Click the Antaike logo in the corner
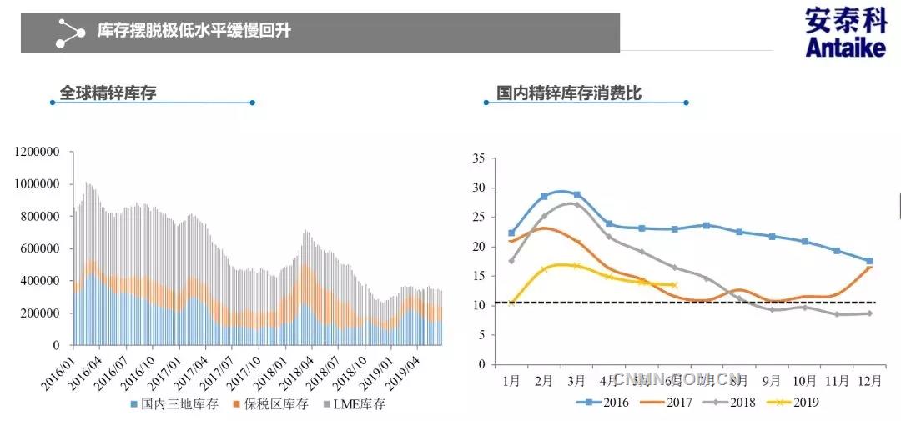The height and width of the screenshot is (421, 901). point(844,33)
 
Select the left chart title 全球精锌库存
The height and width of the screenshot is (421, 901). point(108,93)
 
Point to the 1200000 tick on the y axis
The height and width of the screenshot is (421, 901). point(36,152)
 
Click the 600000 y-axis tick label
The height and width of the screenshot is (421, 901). point(39,248)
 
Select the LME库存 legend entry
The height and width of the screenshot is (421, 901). point(355,405)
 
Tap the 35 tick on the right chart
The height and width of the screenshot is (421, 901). point(478,158)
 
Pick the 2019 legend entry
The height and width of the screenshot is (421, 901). point(800,402)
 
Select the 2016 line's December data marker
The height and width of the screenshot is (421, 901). point(869,261)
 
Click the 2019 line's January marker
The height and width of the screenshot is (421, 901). point(511,303)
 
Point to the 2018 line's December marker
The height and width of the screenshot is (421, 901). point(869,313)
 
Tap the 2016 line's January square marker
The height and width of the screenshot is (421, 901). point(511,233)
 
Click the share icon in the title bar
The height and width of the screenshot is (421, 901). point(70,33)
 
